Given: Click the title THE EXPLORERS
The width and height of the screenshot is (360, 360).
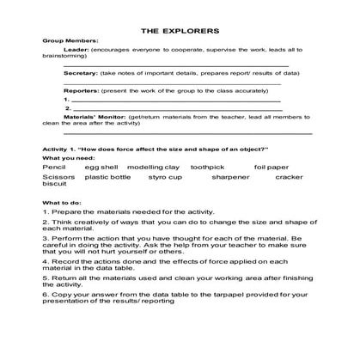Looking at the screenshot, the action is coord(180,28).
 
